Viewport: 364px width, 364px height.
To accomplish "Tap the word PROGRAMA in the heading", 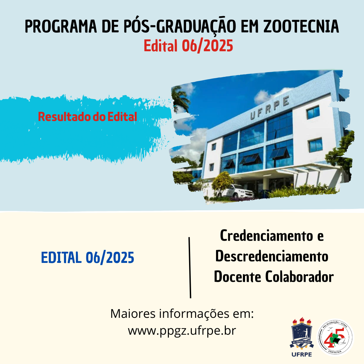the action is point(61,27).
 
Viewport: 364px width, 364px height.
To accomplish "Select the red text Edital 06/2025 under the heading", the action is point(188,45).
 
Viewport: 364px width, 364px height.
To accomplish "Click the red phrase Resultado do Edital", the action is point(88,117).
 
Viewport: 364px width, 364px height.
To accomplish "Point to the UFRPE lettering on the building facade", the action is point(270,108).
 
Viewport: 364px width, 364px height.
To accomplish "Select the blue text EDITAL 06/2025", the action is point(88,258).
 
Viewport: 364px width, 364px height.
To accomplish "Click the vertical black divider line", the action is point(190,267).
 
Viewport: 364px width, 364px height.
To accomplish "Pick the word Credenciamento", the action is point(267,236).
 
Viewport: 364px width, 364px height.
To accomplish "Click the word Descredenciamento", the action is point(272,256).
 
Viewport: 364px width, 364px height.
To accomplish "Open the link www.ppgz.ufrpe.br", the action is point(182,331).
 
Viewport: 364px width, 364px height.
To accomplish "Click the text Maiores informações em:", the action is point(182,313).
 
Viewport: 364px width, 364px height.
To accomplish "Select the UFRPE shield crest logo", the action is point(302,334).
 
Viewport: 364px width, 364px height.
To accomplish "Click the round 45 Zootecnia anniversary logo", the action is point(335,337).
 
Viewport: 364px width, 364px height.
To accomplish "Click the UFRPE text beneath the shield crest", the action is point(302,355).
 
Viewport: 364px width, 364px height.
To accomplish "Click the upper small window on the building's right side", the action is point(313,112).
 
